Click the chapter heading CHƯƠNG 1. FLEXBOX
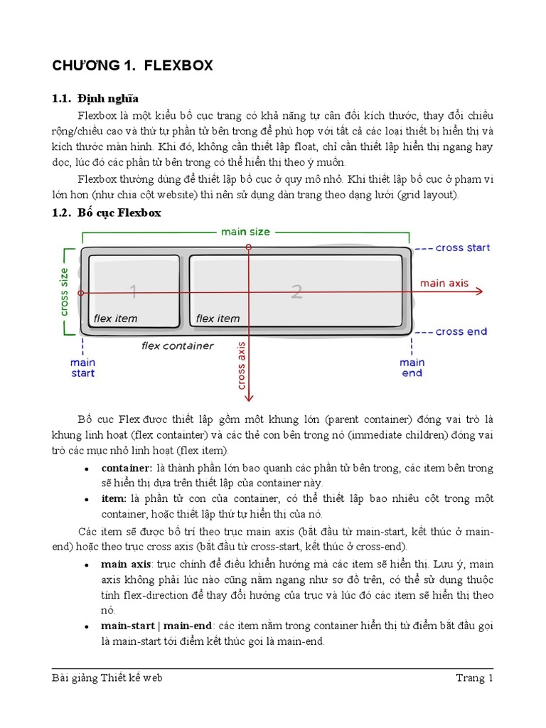(132, 66)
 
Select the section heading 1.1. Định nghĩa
(95, 98)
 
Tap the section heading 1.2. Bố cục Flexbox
(107, 213)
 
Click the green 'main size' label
(245, 232)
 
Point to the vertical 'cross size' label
(64, 291)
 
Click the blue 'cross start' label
(462, 248)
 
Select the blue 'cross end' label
(461, 331)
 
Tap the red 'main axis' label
(444, 283)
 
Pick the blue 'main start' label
(82, 368)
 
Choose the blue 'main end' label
(412, 368)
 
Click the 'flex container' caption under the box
(177, 346)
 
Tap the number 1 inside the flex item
(133, 290)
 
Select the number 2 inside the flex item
(296, 291)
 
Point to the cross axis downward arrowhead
(248, 399)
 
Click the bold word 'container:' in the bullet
(127, 469)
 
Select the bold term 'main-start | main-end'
(156, 626)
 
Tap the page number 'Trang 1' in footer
(474, 678)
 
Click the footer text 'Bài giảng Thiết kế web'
(107, 678)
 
